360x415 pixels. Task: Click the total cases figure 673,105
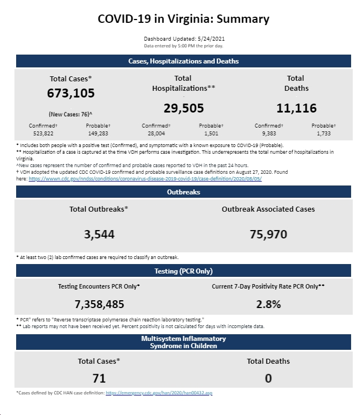(71, 93)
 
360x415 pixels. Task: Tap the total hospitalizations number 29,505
(184, 108)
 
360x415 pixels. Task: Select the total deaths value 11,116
(297, 108)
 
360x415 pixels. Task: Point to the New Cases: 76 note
(71, 114)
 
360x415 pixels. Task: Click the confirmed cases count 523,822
(43, 133)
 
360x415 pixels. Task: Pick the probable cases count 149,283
(98, 133)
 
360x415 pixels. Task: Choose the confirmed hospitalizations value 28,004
(156, 133)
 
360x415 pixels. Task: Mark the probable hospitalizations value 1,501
(211, 133)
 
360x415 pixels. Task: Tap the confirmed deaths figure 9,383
(269, 133)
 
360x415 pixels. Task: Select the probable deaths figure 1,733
(324, 133)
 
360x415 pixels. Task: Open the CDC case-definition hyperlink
(145, 179)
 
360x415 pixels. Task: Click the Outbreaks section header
(184, 192)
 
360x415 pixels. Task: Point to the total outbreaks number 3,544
(99, 234)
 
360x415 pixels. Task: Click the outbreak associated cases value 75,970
(268, 234)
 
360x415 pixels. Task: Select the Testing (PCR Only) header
(184, 271)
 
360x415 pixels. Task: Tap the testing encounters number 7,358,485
(99, 304)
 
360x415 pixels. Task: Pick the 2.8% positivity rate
(268, 304)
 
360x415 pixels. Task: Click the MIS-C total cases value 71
(99, 378)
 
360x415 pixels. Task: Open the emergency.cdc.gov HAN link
(159, 393)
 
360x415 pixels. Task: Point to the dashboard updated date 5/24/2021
(211, 38)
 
